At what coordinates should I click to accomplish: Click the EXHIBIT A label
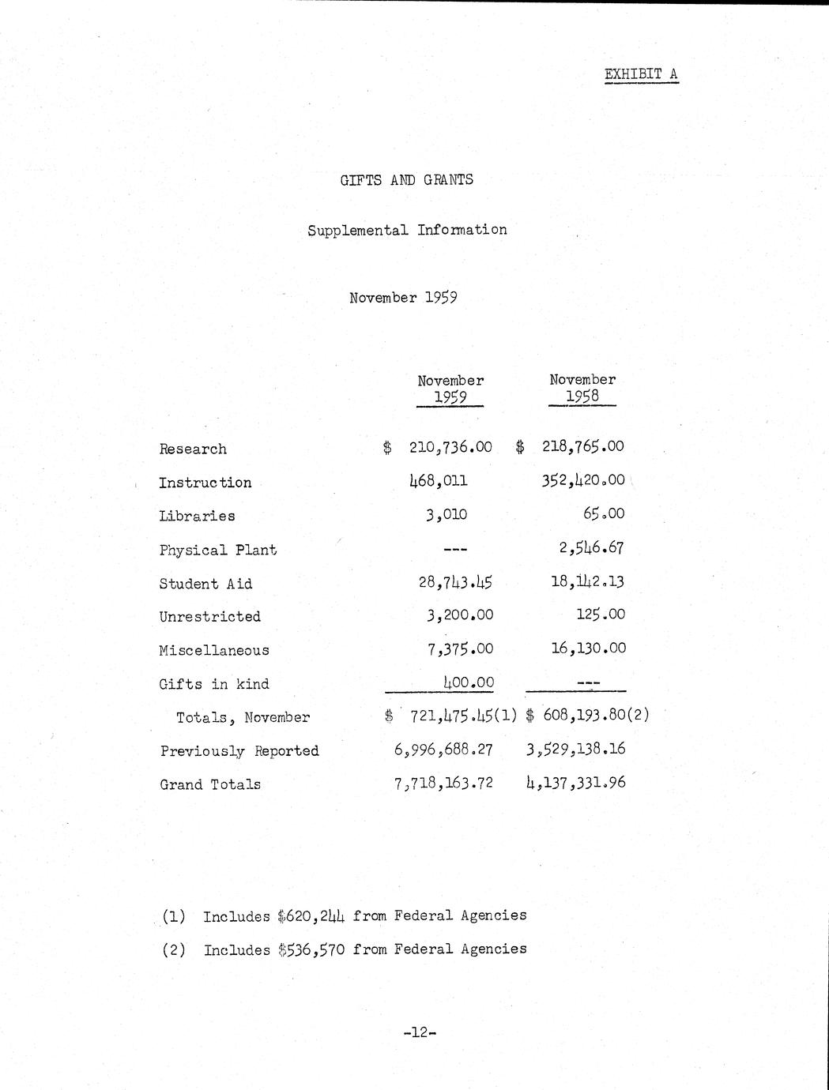click(x=641, y=74)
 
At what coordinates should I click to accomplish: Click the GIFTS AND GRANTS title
click(x=407, y=180)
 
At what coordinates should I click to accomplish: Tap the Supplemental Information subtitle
click(x=407, y=231)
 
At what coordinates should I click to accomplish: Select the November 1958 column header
click(x=582, y=388)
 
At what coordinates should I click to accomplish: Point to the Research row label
click(x=193, y=449)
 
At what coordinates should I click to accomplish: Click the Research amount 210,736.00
click(x=450, y=447)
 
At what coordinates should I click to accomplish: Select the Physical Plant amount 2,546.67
click(x=592, y=547)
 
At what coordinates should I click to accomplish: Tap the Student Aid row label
click(x=205, y=584)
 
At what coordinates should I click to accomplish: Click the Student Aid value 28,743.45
click(x=455, y=582)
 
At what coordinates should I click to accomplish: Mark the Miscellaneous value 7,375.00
click(x=460, y=648)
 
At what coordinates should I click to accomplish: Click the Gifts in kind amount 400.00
click(x=468, y=682)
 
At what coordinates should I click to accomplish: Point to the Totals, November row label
click(x=243, y=718)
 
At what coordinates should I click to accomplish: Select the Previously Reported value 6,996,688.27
click(x=443, y=749)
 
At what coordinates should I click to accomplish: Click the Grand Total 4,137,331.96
click(x=575, y=783)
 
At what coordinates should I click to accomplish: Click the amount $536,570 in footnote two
click(x=311, y=949)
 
